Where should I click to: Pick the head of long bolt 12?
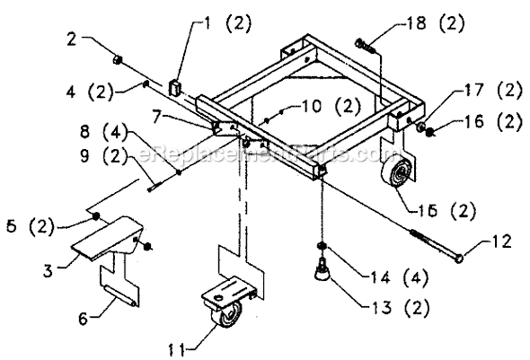[460, 259]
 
